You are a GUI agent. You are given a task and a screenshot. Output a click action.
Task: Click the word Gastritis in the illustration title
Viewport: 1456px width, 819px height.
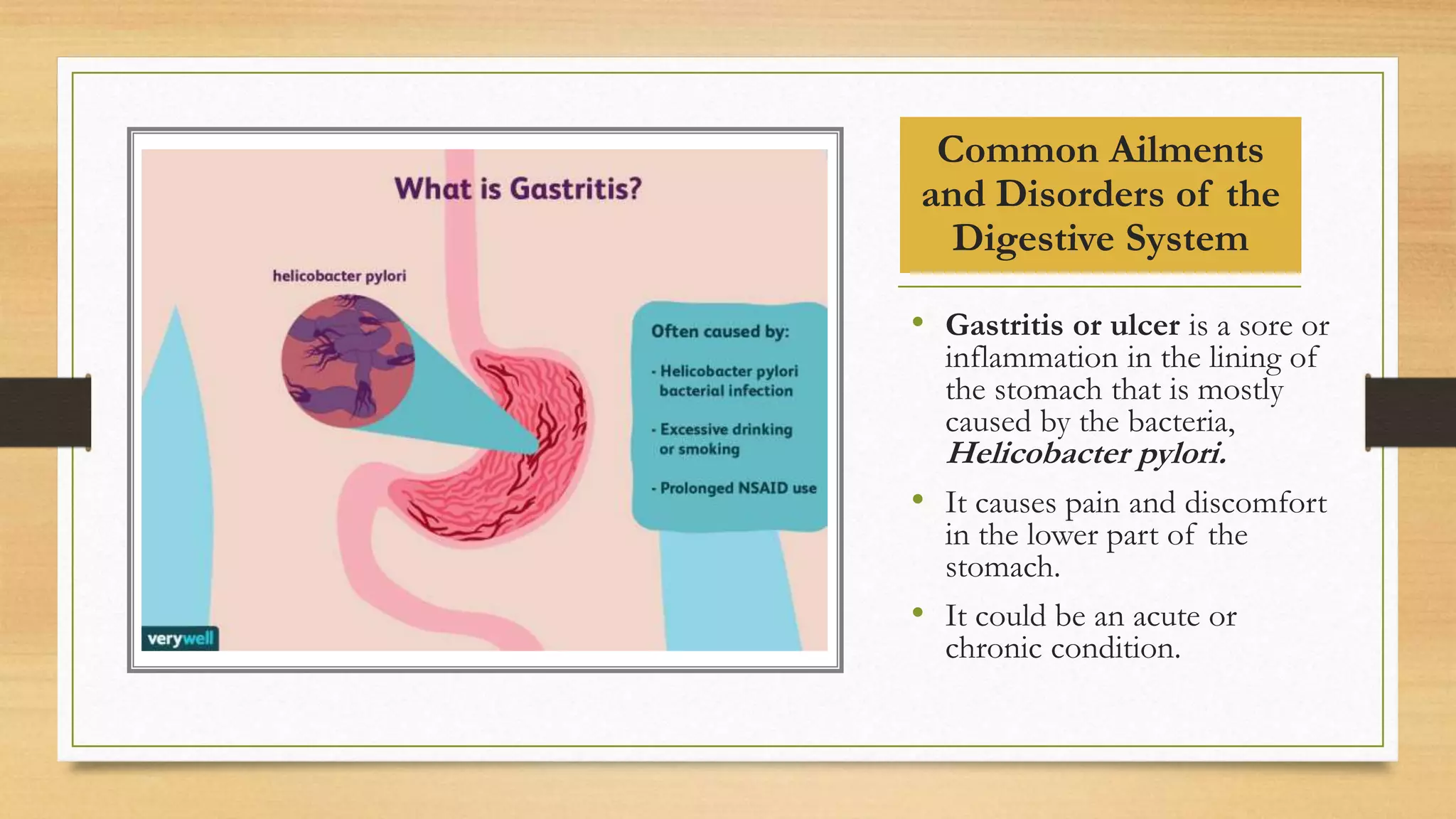575,189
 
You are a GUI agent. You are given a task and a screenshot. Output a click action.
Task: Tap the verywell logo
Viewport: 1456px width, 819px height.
181,638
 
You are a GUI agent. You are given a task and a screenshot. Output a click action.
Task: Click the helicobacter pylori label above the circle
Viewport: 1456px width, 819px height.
339,276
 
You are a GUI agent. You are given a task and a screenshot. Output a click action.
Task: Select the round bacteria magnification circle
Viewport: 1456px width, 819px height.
347,361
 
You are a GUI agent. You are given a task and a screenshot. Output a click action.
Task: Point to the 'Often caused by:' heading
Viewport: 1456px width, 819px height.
719,331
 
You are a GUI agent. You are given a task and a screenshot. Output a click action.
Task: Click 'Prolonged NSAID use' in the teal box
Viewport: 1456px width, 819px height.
738,488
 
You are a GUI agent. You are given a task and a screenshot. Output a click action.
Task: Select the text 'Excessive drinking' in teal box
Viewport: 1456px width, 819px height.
725,429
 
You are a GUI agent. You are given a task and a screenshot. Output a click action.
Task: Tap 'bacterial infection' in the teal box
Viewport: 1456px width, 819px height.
725,391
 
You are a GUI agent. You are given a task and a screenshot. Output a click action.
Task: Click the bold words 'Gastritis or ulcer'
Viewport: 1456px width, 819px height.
1061,326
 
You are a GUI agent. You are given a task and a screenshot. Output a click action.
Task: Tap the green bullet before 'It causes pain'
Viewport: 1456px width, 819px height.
918,499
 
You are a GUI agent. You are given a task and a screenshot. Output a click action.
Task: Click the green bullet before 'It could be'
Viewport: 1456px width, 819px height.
918,612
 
